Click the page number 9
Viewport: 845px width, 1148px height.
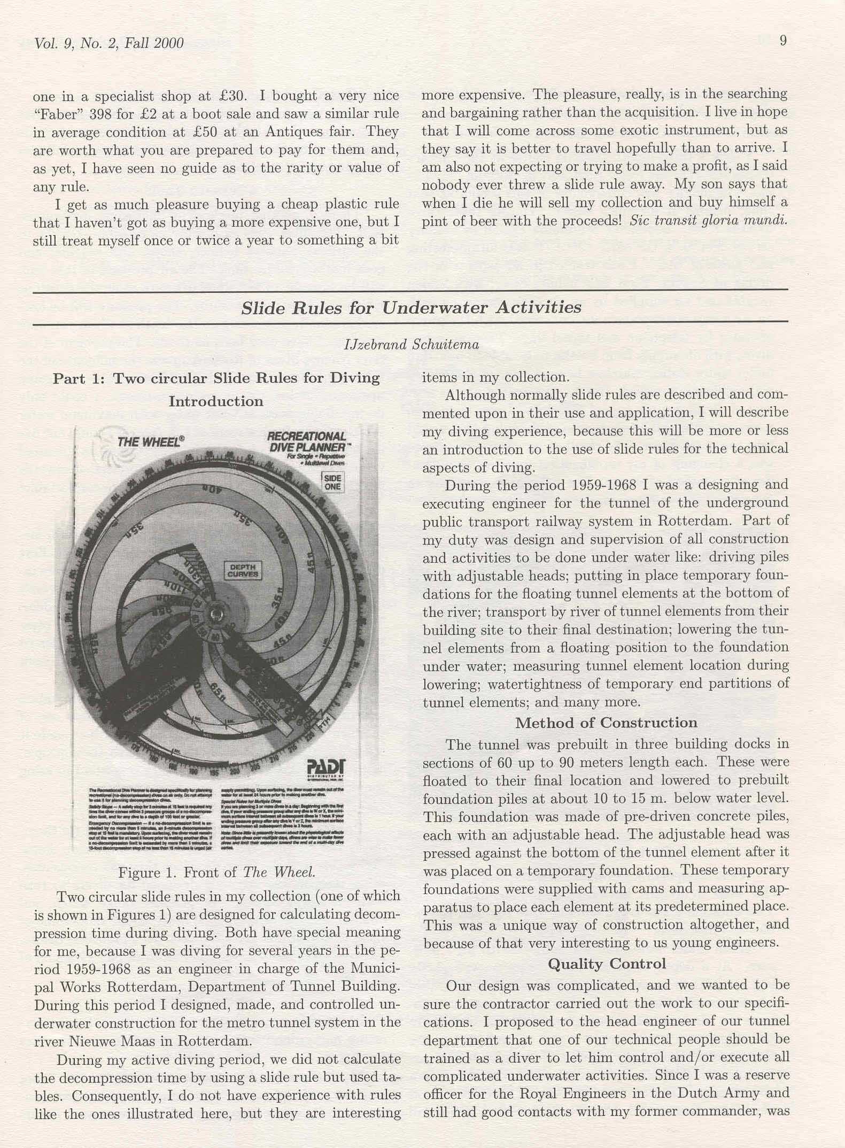782,41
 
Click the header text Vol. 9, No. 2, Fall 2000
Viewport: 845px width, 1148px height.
108,43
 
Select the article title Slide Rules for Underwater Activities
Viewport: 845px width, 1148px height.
411,308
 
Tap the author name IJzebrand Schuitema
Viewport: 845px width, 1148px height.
412,345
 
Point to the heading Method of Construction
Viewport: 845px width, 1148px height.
606,723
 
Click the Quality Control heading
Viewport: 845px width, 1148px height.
607,964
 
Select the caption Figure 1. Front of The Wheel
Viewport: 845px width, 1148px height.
216,873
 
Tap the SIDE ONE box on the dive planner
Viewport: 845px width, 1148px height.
332,482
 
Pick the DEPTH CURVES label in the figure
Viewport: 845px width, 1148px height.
243,571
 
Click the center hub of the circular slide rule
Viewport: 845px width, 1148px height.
218,611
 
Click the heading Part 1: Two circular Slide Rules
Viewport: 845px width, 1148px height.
216,378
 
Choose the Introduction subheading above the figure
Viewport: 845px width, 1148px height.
216,401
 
